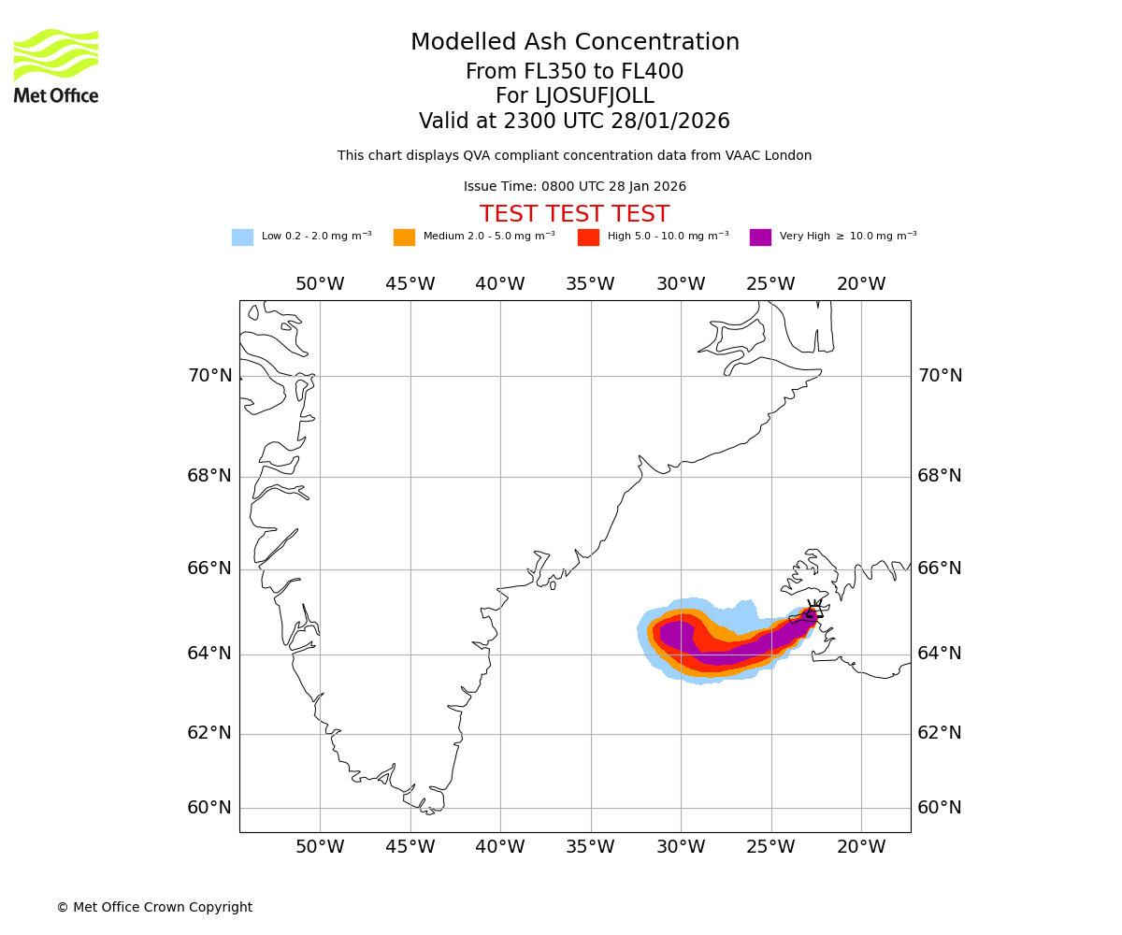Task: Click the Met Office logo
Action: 56,65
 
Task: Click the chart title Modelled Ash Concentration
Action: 575,42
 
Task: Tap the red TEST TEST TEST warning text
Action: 575,214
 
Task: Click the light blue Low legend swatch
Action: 242,237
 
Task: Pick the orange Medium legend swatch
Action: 404,237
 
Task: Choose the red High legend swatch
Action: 588,237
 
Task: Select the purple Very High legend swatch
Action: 760,237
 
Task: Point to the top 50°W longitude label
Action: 320,284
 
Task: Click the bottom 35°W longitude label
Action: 590,847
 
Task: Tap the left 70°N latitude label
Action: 209,376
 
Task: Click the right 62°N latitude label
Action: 940,733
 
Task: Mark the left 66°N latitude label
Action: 209,568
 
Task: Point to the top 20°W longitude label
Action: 861,284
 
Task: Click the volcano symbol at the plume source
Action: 813,612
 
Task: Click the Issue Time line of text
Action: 575,187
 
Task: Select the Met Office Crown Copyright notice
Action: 154,907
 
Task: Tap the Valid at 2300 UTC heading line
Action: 575,122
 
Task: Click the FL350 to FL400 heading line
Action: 575,72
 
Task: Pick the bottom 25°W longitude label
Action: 770,847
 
